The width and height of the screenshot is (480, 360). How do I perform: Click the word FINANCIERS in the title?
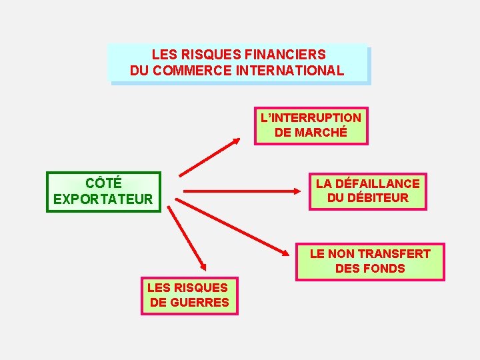287,55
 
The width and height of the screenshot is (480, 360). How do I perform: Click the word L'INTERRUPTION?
311,117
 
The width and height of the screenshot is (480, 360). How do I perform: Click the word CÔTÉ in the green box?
103,183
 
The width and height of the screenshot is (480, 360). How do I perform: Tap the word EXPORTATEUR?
103,199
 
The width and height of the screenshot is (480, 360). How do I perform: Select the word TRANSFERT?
394,253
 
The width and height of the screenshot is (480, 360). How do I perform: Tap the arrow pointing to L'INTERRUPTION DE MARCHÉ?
210,157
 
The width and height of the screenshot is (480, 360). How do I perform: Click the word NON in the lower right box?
342,253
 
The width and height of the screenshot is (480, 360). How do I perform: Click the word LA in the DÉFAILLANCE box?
323,183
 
